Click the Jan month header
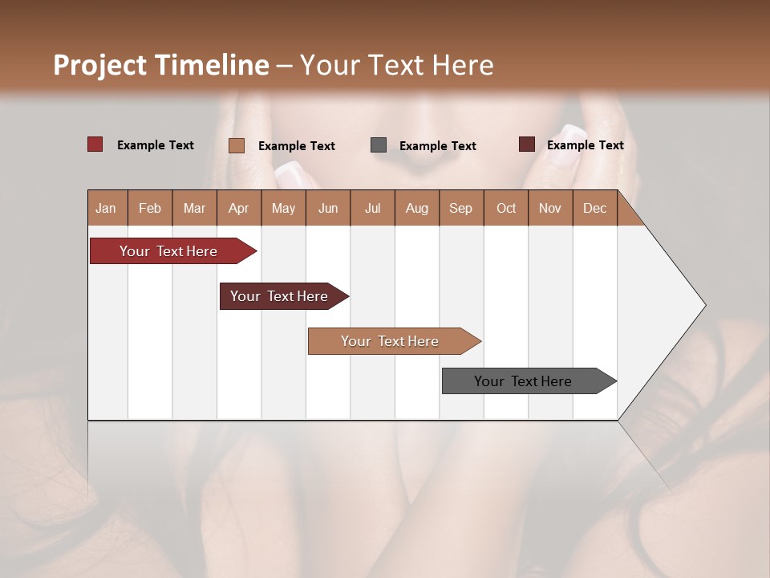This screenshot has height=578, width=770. click(106, 208)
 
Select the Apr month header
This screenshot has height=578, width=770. click(238, 208)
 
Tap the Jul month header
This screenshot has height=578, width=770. click(372, 208)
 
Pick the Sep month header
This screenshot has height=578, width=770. click(460, 208)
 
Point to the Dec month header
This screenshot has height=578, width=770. click(594, 208)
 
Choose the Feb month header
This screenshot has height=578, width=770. click(150, 208)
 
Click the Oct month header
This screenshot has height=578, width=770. click(506, 208)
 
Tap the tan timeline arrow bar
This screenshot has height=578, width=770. click(391, 341)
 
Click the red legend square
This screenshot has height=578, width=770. click(95, 144)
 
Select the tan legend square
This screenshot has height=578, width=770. click(237, 145)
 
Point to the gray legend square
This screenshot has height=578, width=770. click(379, 145)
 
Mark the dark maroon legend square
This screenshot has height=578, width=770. click(527, 144)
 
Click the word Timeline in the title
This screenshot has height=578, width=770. click(212, 65)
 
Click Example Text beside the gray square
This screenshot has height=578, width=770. click(437, 146)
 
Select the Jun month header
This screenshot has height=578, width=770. click(328, 208)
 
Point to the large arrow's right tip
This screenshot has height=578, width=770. click(703, 305)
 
